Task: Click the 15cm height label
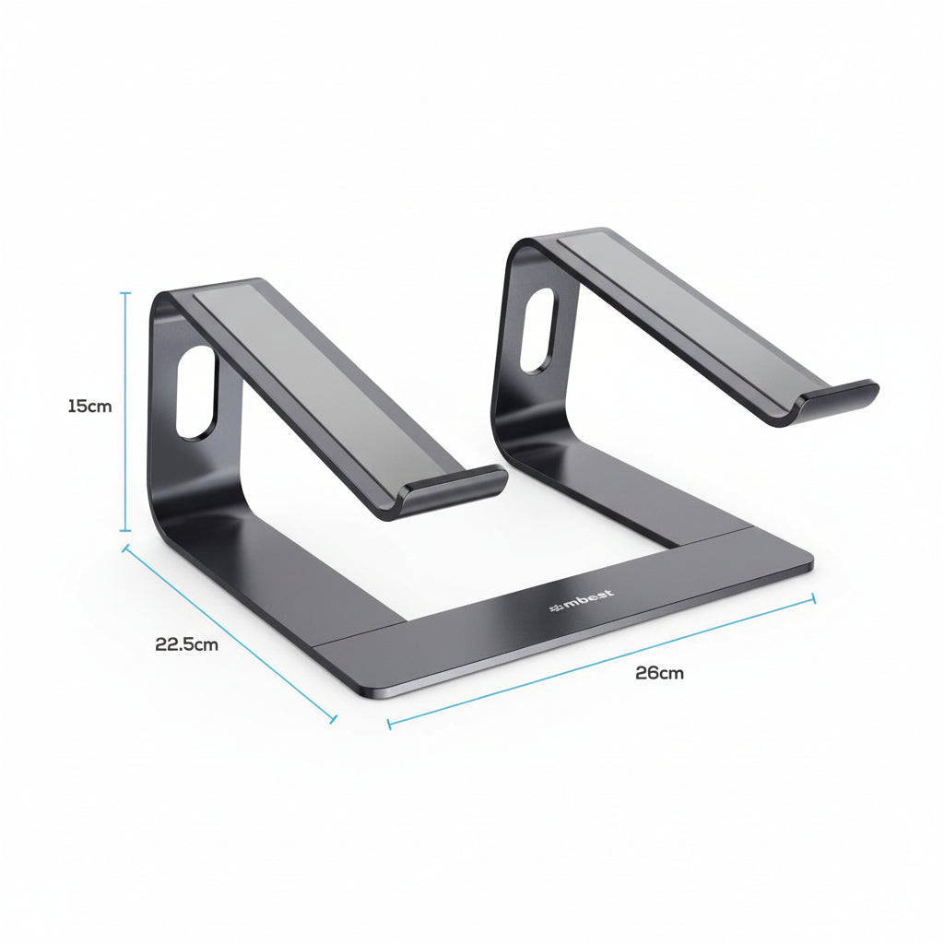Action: coord(89,406)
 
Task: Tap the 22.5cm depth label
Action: coord(186,644)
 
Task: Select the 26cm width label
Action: coord(659,673)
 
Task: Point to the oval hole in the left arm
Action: coord(196,393)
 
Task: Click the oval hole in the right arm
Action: coord(537,331)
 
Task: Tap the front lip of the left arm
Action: coord(455,489)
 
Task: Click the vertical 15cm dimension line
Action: coord(126,415)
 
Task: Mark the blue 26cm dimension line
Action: coord(599,661)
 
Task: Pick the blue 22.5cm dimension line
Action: coord(230,633)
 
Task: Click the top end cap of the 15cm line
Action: coord(126,293)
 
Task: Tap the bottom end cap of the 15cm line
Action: coord(126,531)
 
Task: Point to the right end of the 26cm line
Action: coord(814,598)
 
